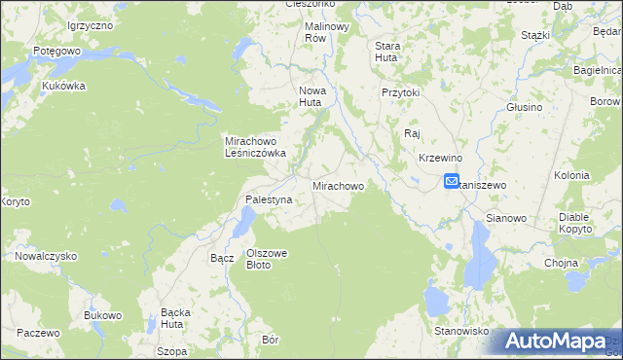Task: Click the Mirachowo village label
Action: coord(338,185)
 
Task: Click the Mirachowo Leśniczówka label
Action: coord(255,146)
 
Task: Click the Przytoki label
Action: coord(400,92)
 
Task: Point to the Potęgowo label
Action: coord(29,50)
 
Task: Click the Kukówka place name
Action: coord(64,86)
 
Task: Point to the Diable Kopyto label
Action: coord(576,222)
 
